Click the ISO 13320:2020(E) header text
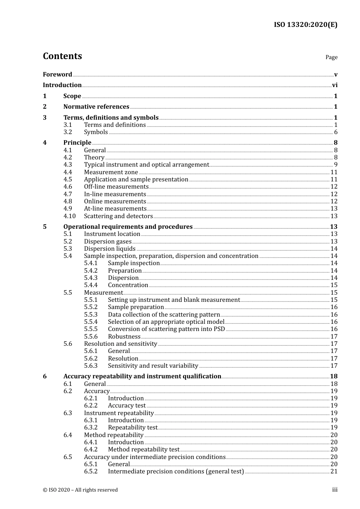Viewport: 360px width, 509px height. [x=305, y=25]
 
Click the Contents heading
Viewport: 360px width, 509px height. [x=62, y=56]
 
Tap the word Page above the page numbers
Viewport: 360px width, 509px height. [x=331, y=57]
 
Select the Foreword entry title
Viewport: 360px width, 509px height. [x=57, y=75]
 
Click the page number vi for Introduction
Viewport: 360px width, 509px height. [x=335, y=85]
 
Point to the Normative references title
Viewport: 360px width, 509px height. [x=96, y=107]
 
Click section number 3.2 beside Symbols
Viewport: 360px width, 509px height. [x=68, y=132]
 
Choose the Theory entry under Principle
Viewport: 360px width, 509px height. [x=94, y=158]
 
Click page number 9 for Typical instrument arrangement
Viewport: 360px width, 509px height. [x=336, y=165]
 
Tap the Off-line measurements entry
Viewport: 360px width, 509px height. [x=116, y=187]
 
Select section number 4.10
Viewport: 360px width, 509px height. [x=69, y=216]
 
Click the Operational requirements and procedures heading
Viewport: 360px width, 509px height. [x=128, y=227]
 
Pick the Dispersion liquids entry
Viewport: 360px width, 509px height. [x=110, y=249]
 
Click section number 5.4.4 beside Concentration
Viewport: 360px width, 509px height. [x=91, y=285]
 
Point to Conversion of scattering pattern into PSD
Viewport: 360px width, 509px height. [x=166, y=329]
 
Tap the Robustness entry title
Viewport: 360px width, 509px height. [x=124, y=337]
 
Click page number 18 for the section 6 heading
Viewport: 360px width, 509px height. [x=334, y=376]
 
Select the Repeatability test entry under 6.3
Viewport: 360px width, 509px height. [x=133, y=428]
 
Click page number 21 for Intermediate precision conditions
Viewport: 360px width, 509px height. [x=334, y=472]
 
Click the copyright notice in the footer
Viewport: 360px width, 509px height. [x=80, y=490]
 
